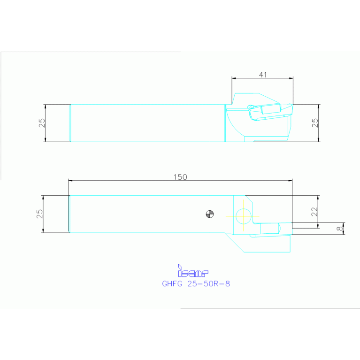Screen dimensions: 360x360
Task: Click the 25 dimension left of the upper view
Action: [42, 123]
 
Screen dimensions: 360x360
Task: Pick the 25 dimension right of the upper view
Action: [315, 123]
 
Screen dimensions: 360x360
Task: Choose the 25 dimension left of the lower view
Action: [40, 214]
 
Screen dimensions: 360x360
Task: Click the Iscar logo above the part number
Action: [192, 271]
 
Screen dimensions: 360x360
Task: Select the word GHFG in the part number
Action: [171, 284]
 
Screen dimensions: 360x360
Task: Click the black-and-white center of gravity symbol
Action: [210, 214]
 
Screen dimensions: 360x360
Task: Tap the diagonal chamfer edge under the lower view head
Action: [234, 243]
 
